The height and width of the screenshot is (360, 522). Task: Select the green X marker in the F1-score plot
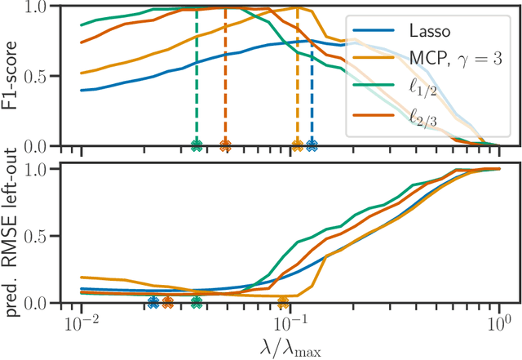(x=196, y=146)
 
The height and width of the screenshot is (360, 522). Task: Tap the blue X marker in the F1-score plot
(x=312, y=146)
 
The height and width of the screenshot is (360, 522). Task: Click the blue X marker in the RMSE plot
(x=153, y=303)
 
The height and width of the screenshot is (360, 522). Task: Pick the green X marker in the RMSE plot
(x=196, y=303)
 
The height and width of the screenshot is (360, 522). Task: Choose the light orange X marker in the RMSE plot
(x=283, y=303)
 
